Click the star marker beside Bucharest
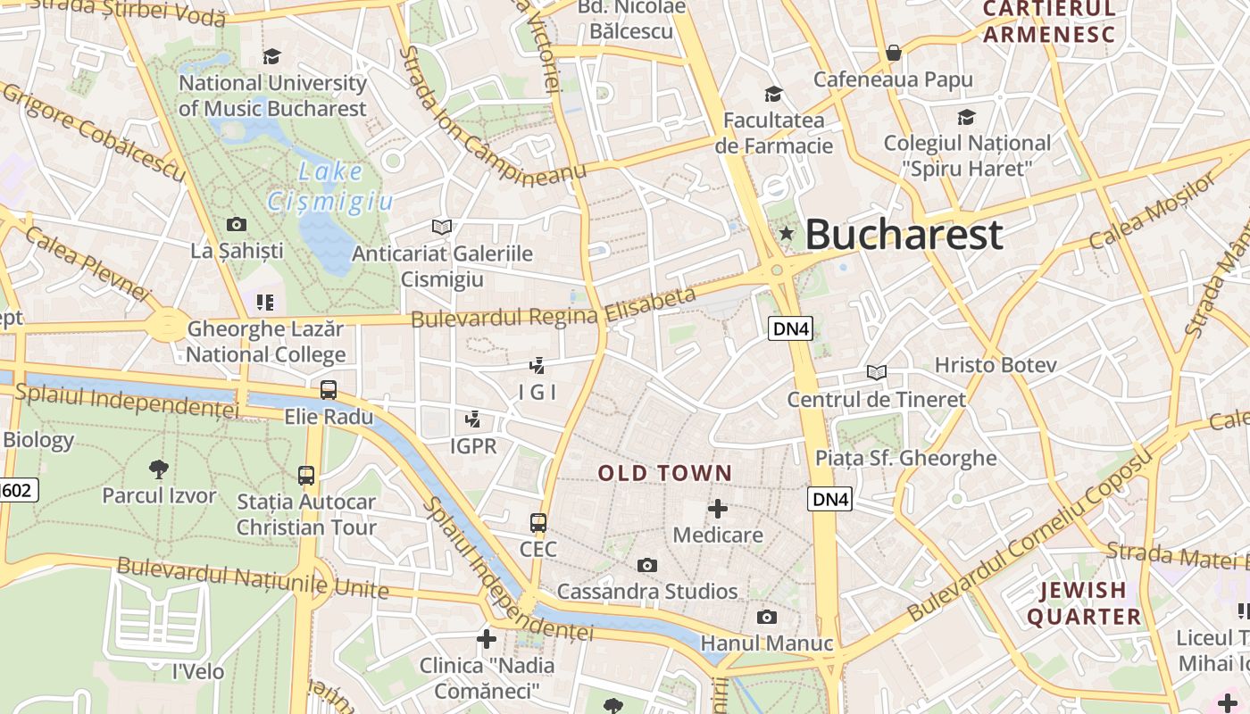tap(787, 234)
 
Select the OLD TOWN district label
tap(665, 473)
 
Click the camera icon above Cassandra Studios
tap(647, 565)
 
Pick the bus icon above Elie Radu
tap(329, 390)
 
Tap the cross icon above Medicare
tap(717, 509)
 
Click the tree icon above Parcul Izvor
tap(159, 469)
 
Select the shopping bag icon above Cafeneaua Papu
tap(893, 54)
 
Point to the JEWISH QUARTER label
tap(1084, 603)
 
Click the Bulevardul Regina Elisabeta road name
tap(553, 308)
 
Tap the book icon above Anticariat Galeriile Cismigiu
tap(442, 227)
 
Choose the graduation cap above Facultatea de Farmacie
tap(773, 94)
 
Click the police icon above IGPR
tap(473, 419)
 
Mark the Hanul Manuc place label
tap(766, 643)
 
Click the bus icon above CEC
tap(537, 523)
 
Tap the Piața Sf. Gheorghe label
tap(905, 458)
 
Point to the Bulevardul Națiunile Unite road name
tap(253, 578)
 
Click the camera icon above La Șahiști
tap(237, 224)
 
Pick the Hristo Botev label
tap(996, 365)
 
